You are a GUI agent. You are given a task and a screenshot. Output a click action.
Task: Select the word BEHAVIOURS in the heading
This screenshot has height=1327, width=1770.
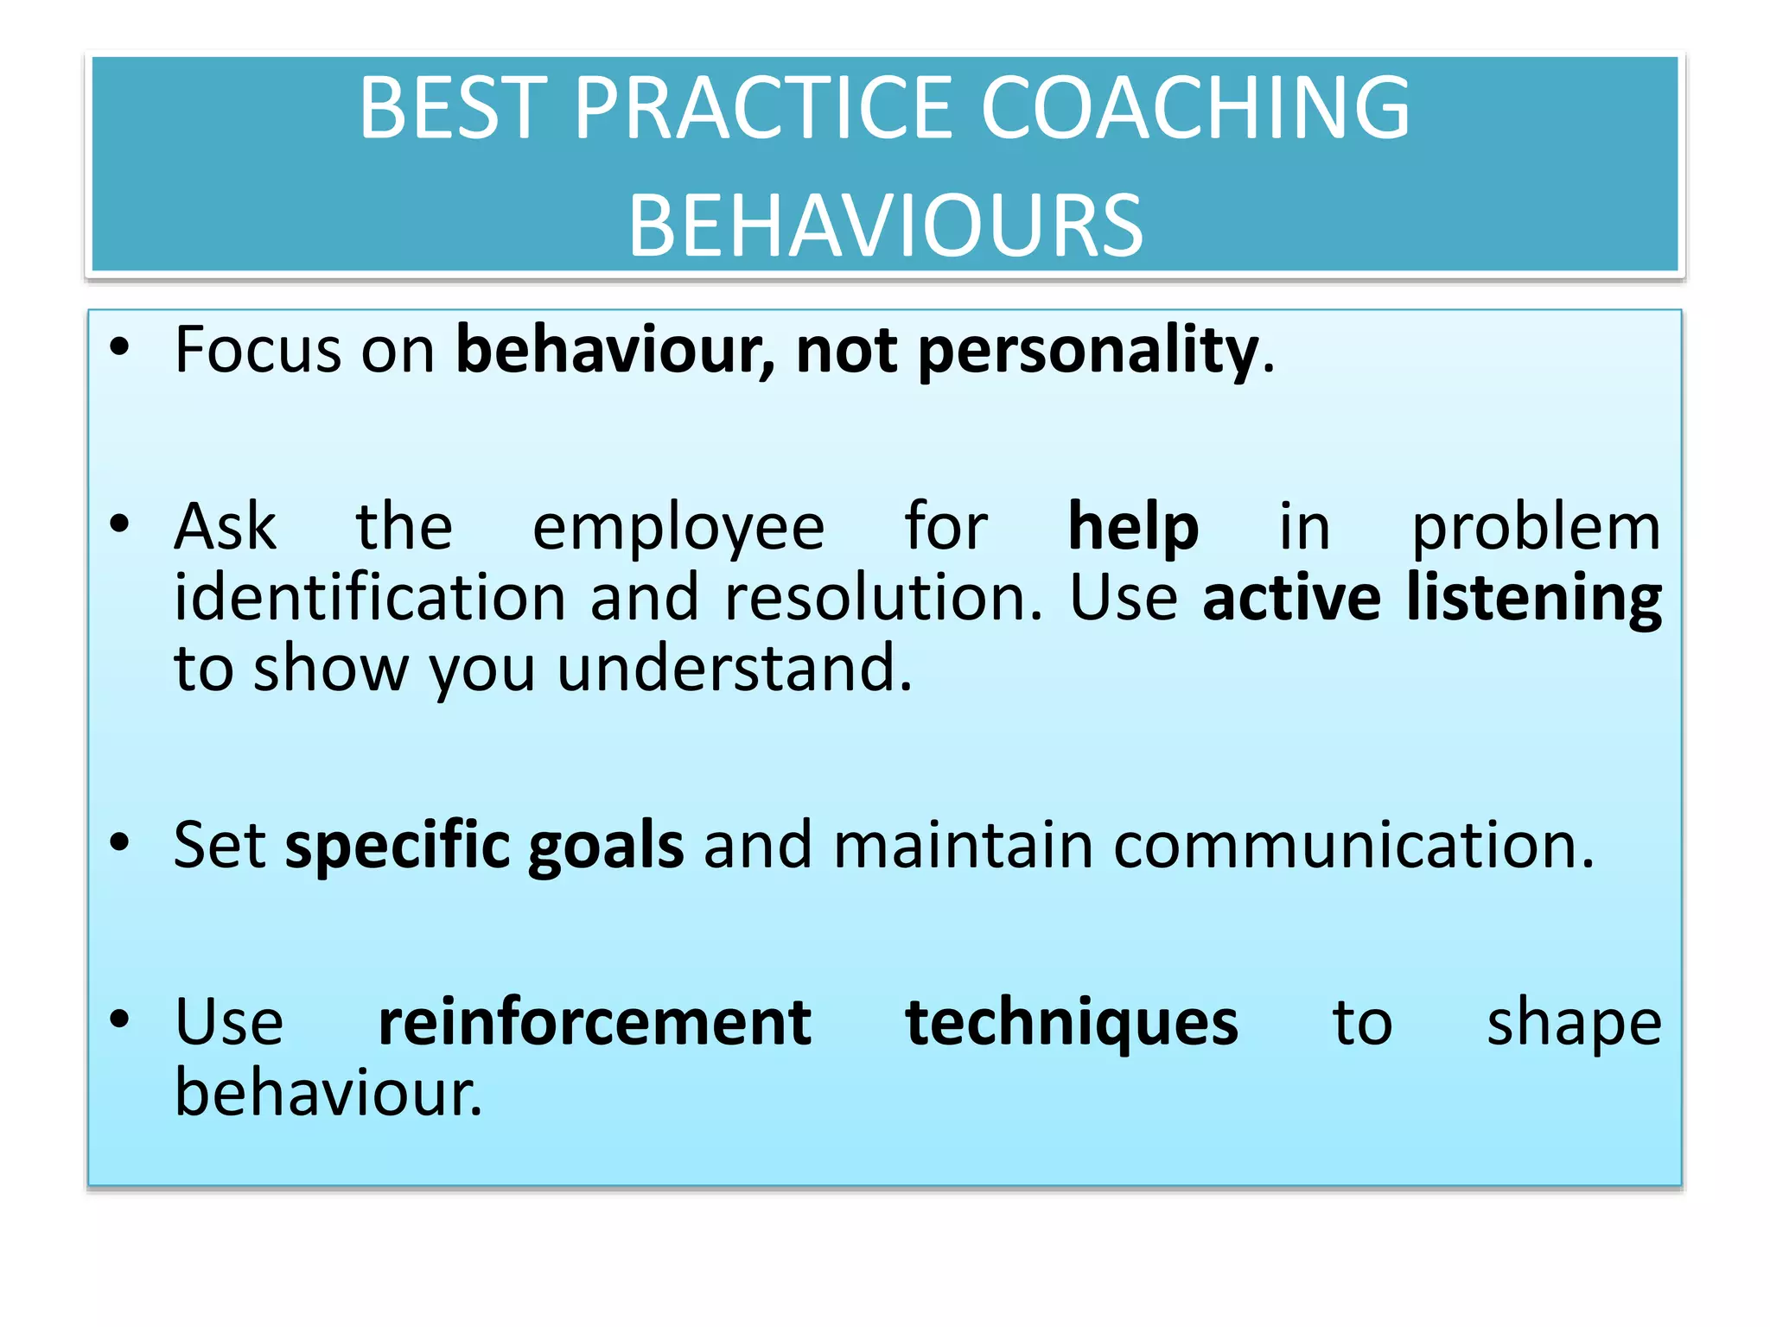click(885, 226)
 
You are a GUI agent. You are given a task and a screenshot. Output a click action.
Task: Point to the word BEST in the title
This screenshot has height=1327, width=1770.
click(454, 108)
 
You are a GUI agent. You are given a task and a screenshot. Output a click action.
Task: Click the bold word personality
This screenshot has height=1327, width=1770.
click(1087, 352)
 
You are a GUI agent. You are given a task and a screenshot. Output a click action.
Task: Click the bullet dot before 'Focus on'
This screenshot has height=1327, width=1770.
click(119, 347)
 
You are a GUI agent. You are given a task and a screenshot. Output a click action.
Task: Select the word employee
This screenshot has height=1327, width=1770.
click(678, 529)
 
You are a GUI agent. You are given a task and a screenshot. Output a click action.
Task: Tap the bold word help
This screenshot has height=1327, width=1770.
click(1133, 527)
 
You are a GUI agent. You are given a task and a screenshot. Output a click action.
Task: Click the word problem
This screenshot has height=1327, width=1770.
click(1536, 529)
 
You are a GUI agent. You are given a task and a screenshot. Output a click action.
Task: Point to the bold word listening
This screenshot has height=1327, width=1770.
click(1533, 598)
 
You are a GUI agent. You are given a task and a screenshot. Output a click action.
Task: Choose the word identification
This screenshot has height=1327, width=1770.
click(370, 598)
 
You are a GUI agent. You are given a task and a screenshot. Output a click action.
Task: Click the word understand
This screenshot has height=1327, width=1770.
click(734, 669)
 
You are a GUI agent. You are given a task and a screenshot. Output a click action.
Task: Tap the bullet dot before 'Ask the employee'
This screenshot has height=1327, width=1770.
click(119, 524)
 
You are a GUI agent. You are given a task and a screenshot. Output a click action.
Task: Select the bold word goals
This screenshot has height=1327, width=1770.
click(606, 847)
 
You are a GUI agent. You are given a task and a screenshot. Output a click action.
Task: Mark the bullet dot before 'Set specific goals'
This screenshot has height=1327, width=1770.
click(119, 841)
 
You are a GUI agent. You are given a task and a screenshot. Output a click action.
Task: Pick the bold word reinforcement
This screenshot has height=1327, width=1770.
click(595, 1023)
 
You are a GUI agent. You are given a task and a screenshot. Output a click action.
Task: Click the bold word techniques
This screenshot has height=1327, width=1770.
click(1072, 1023)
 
